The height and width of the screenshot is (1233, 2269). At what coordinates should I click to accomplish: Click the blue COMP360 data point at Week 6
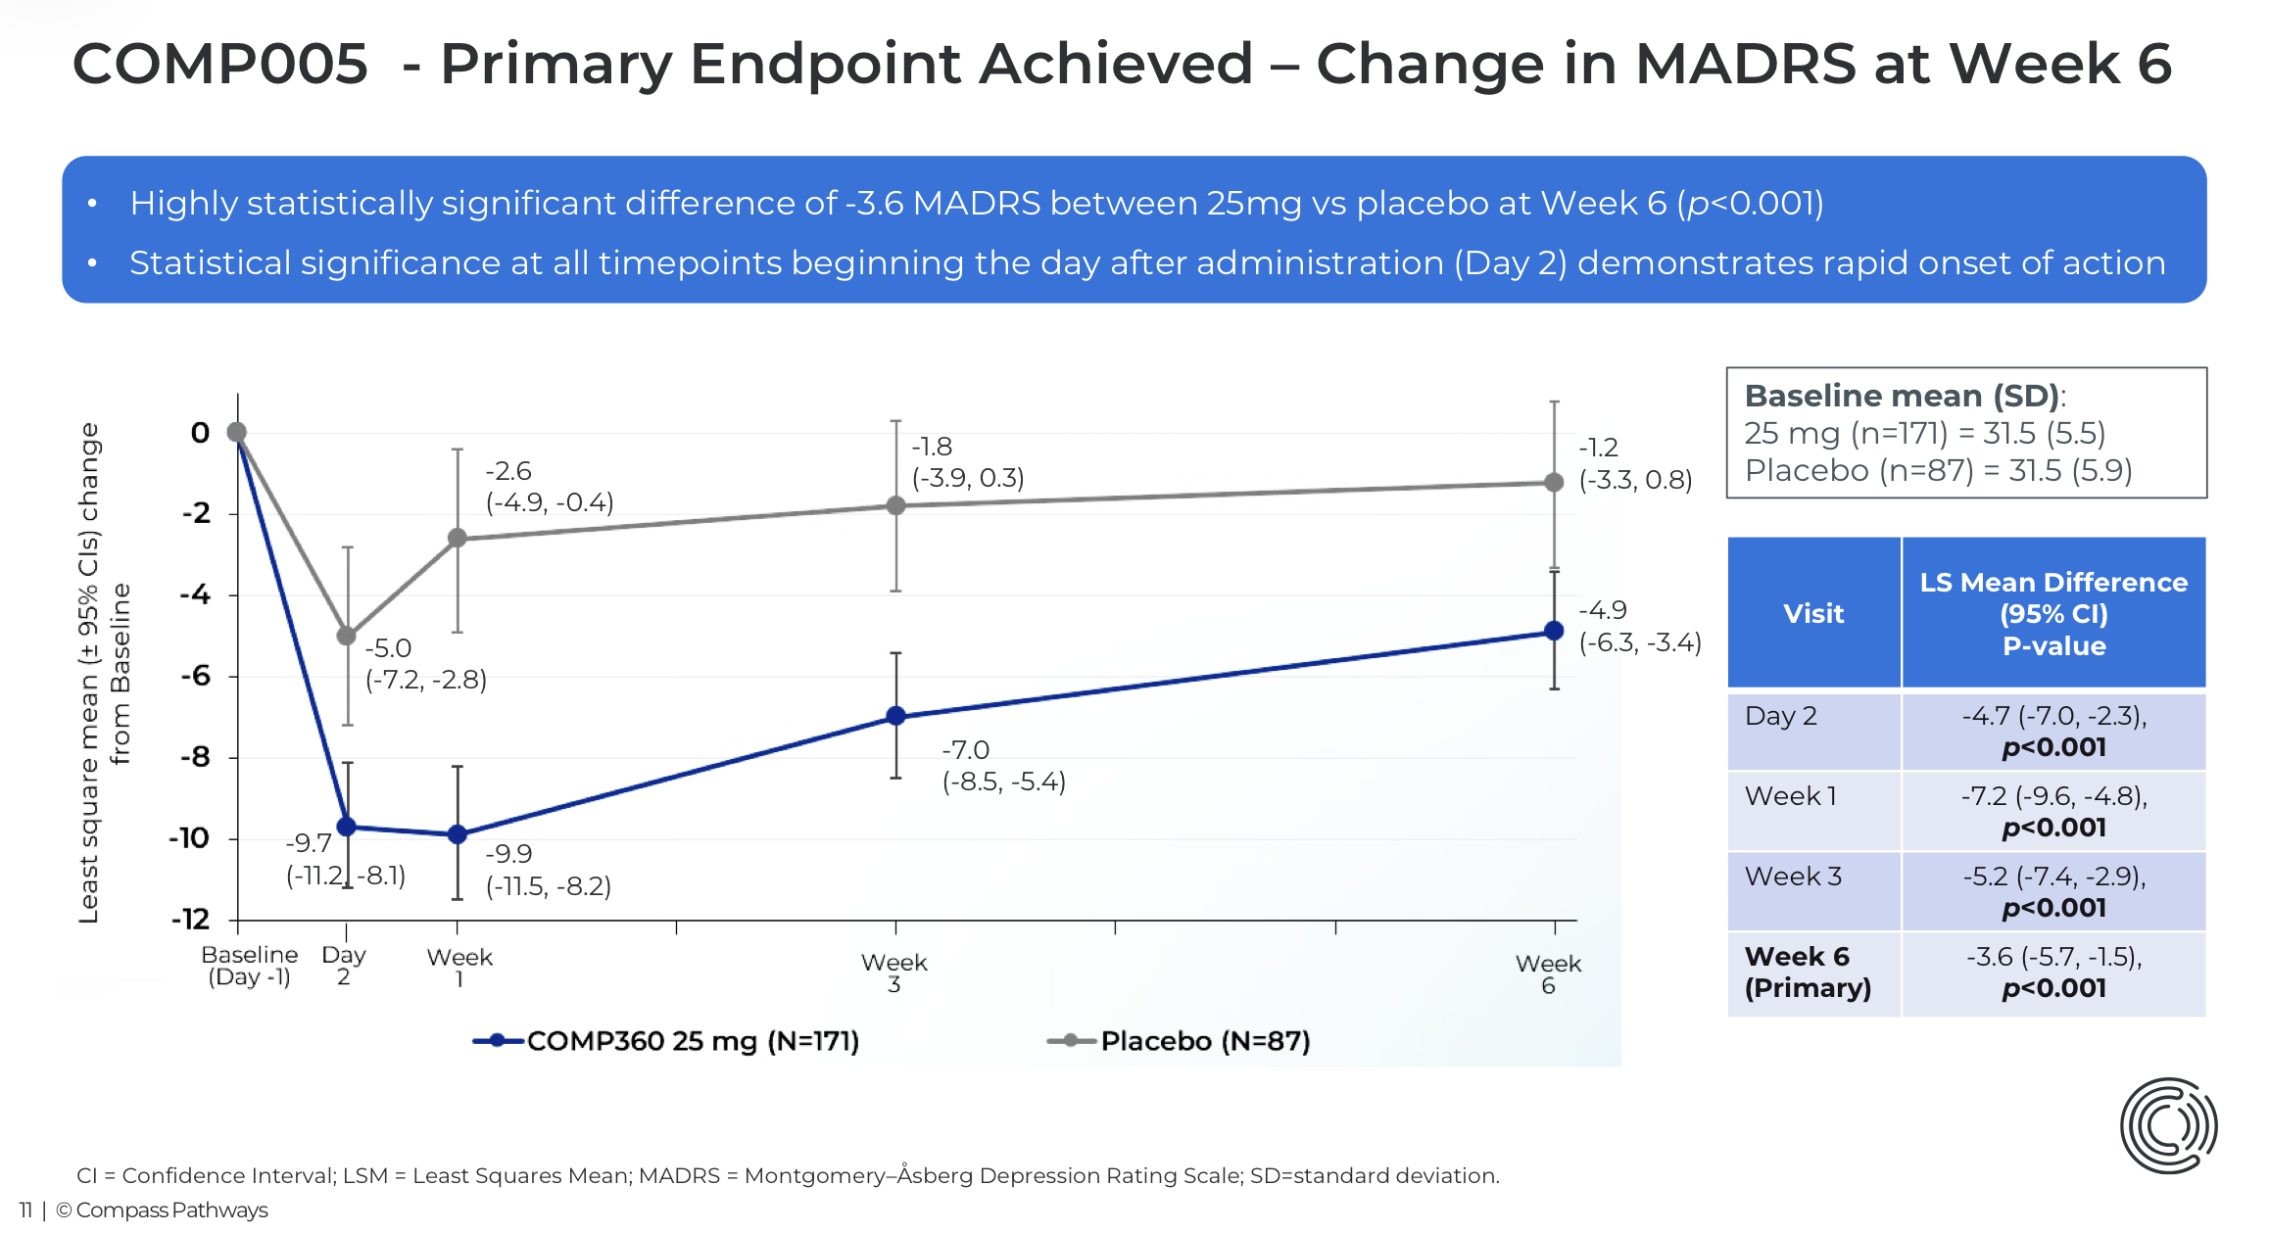coord(1554,631)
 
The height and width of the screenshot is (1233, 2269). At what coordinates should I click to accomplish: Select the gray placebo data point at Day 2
coord(347,636)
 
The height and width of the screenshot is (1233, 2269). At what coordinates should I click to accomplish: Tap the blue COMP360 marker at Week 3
coord(895,716)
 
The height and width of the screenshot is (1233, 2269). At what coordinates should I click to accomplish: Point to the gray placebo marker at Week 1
coord(458,538)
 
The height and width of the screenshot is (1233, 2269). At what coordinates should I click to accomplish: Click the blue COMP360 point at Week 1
coord(458,834)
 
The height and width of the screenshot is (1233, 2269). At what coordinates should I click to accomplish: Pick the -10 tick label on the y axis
coord(189,838)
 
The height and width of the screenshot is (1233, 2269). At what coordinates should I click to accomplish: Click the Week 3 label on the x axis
coord(894,972)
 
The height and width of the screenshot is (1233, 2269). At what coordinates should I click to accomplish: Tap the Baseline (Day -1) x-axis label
coord(250,966)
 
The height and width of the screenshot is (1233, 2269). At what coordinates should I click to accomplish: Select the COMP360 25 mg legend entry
coord(666,1041)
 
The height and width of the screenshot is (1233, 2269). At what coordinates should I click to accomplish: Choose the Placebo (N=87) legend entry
coord(1179,1041)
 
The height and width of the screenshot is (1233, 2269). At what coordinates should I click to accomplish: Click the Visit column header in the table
coord(1813,613)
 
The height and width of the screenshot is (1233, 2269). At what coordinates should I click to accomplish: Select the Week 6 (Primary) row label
coord(1808,972)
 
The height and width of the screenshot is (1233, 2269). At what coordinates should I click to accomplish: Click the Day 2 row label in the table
coord(1781,716)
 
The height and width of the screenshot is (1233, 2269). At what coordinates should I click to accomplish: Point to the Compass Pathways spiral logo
coord(2168,1125)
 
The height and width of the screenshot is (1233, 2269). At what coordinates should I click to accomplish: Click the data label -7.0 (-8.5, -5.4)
coord(1003,766)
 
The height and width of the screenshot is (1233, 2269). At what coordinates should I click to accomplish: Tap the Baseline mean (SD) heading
coord(1905,396)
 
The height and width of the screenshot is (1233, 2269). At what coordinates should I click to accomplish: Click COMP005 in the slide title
coord(220,64)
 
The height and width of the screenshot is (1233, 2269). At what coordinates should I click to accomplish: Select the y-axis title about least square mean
coord(104,673)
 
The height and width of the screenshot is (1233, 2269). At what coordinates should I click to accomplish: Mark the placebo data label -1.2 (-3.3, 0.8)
coord(1636,463)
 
